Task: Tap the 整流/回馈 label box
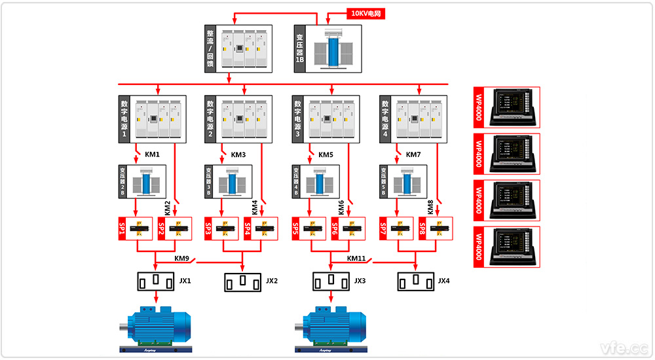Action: pos(210,48)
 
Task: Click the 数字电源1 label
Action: pos(123,118)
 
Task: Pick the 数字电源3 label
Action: pos(297,118)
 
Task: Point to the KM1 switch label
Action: pos(152,155)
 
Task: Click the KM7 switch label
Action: pos(413,155)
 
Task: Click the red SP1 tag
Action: pos(122,228)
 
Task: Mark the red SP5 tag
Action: pos(296,228)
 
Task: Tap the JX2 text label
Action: pos(271,281)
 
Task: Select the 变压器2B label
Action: pos(122,181)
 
